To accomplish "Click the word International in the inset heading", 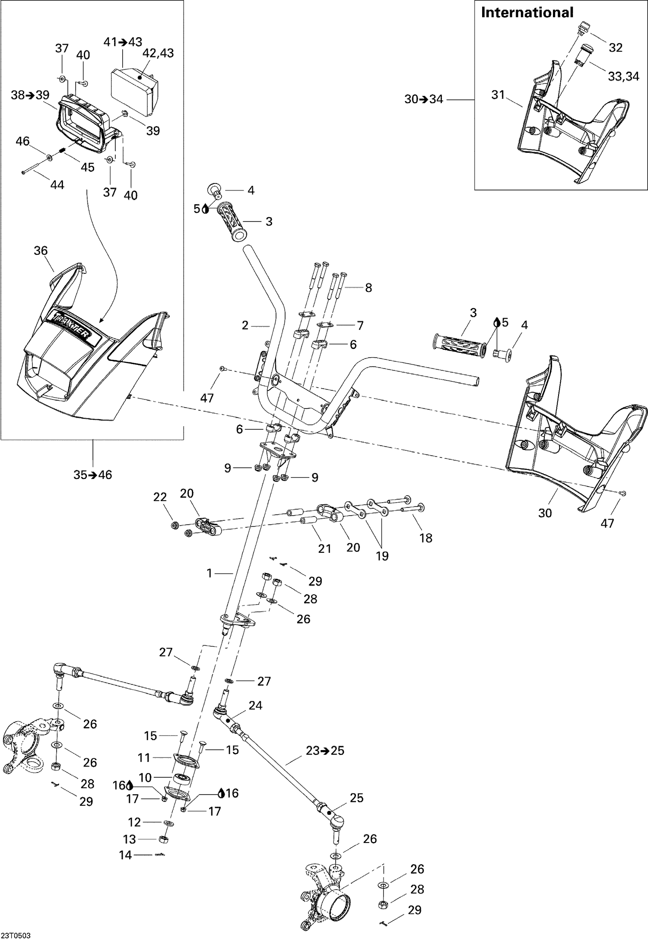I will (527, 13).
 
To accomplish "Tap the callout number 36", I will (41, 250).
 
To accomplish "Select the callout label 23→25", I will (325, 751).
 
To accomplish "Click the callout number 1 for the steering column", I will (210, 573).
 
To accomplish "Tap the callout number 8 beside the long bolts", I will (368, 288).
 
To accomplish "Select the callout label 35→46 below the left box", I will (92, 475).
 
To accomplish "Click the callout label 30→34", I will (423, 99).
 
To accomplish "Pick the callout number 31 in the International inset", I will (498, 95).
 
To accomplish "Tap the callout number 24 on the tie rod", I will (255, 705).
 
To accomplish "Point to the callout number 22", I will (160, 497).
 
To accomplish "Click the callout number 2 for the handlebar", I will (245, 325).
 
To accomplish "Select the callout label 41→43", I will (123, 42).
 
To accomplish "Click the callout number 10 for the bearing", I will (145, 777).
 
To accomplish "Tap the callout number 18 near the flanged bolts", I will (426, 538).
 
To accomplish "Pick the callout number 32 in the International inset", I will (615, 48).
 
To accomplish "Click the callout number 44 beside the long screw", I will (57, 185).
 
